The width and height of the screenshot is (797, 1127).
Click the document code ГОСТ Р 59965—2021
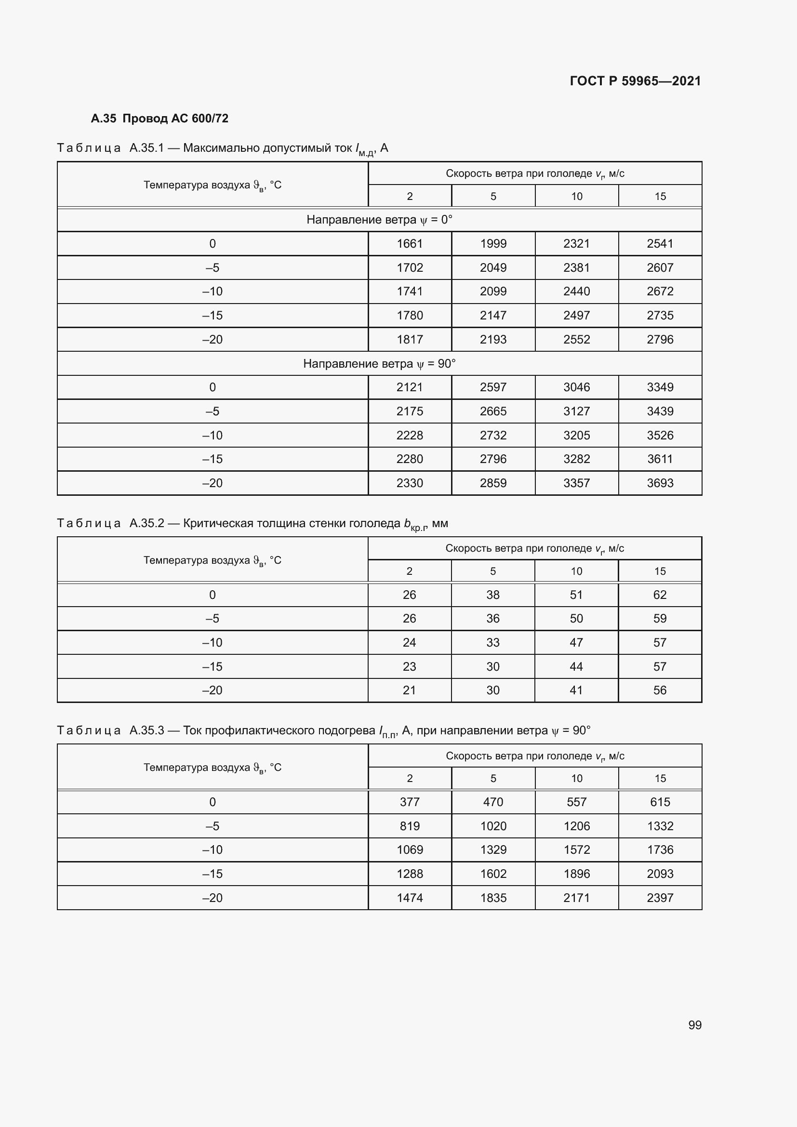click(635, 81)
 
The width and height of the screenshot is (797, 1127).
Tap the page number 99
click(694, 1025)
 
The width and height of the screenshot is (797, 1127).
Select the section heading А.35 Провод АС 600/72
click(159, 119)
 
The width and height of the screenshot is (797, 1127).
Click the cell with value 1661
click(409, 243)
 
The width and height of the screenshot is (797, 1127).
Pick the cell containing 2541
click(660, 243)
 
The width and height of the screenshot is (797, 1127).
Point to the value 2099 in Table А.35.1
click(493, 291)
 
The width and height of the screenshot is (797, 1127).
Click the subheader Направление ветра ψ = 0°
click(379, 219)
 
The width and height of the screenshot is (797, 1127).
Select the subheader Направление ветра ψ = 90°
click(379, 364)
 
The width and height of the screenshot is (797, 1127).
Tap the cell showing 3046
click(576, 387)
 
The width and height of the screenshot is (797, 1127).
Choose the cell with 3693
click(660, 483)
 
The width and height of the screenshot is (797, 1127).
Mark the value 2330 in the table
click(409, 483)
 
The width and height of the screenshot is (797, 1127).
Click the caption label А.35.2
click(147, 523)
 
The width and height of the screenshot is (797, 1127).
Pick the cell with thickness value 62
click(660, 595)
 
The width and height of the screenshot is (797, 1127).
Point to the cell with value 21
click(409, 690)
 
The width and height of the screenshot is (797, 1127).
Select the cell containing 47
click(576, 643)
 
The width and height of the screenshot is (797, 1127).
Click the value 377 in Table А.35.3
click(409, 802)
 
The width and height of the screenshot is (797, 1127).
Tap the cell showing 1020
click(493, 826)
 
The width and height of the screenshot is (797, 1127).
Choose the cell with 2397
click(660, 898)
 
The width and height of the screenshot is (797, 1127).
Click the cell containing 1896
click(576, 874)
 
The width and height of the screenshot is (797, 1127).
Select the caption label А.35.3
click(147, 730)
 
